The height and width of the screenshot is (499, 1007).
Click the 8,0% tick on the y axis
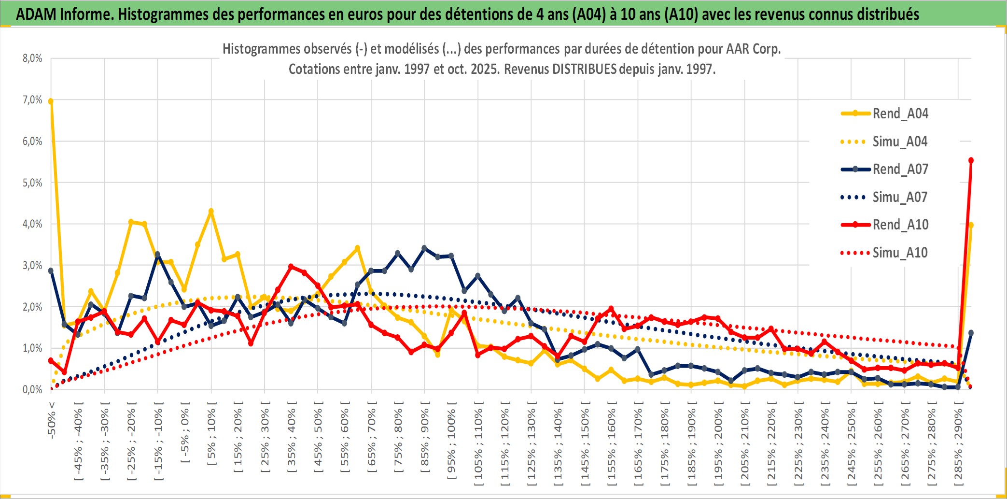pos(32,58)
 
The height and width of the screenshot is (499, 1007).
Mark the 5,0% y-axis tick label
pos(32,183)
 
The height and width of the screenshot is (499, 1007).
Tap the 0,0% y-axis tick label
pos(32,389)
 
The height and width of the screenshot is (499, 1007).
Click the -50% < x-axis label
pos(52,420)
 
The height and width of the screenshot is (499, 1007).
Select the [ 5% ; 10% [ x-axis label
pos(211,433)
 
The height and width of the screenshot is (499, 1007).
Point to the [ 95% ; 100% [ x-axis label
pos(451,440)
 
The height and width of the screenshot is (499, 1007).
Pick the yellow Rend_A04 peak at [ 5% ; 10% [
pos(211,211)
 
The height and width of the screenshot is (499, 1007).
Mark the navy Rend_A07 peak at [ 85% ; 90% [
pos(424,248)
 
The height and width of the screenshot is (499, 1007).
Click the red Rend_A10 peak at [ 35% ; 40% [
pos(291,266)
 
